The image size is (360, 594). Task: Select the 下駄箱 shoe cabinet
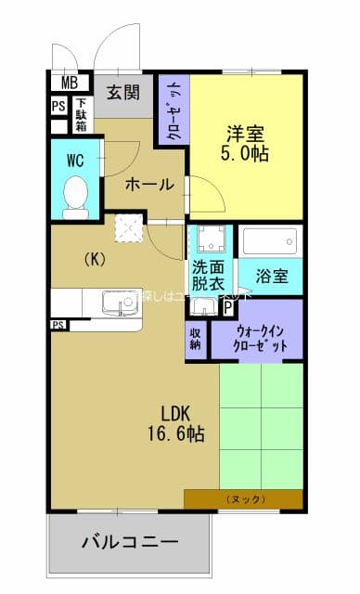click(82, 114)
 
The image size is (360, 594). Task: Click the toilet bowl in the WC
click(75, 193)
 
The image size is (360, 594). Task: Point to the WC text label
click(74, 160)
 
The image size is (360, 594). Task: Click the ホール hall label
click(149, 184)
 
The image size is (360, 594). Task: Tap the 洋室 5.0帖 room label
click(246, 142)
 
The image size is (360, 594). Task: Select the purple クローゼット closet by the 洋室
click(174, 110)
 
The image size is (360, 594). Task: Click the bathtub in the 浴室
click(270, 243)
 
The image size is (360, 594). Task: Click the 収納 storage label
click(197, 338)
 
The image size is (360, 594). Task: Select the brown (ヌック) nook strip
click(243, 499)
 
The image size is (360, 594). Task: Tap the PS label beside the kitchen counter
click(58, 325)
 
